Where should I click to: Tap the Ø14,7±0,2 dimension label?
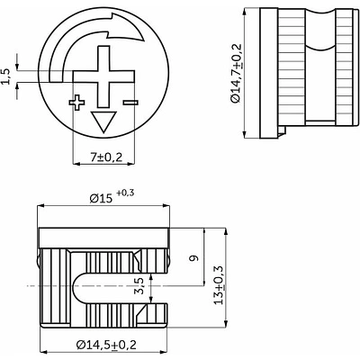(x=236, y=73)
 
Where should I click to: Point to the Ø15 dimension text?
(x=101, y=199)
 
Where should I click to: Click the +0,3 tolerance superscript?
(x=125, y=193)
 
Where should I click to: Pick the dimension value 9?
(x=194, y=258)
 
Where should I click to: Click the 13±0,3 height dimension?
(x=219, y=285)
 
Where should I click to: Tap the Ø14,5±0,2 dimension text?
(x=106, y=345)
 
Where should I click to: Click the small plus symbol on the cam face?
(x=76, y=103)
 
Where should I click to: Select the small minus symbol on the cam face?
(x=130, y=103)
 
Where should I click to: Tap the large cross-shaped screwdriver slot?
(x=103, y=76)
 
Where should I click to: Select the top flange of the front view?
(x=103, y=238)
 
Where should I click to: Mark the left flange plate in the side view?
(x=269, y=73)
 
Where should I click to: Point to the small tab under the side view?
(x=282, y=130)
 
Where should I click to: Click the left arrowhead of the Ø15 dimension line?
(x=40, y=206)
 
